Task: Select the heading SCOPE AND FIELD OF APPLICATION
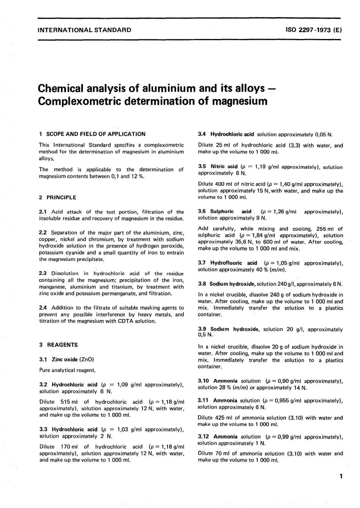tap(96, 134)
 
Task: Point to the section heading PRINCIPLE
tap(61, 197)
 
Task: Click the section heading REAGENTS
tap(62, 345)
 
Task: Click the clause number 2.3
tap(43, 274)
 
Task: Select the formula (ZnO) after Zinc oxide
tap(87, 359)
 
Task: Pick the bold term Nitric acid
tap(224, 167)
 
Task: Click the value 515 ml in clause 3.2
tap(69, 402)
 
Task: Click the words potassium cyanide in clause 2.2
tap(62, 253)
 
